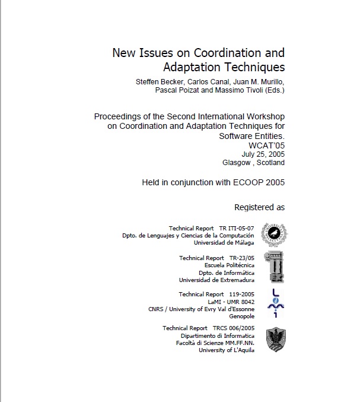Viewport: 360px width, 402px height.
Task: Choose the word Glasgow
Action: pyautogui.click(x=236, y=162)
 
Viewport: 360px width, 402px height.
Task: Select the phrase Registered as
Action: pyautogui.click(x=259, y=207)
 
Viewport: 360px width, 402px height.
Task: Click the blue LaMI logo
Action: pyautogui.click(x=273, y=302)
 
